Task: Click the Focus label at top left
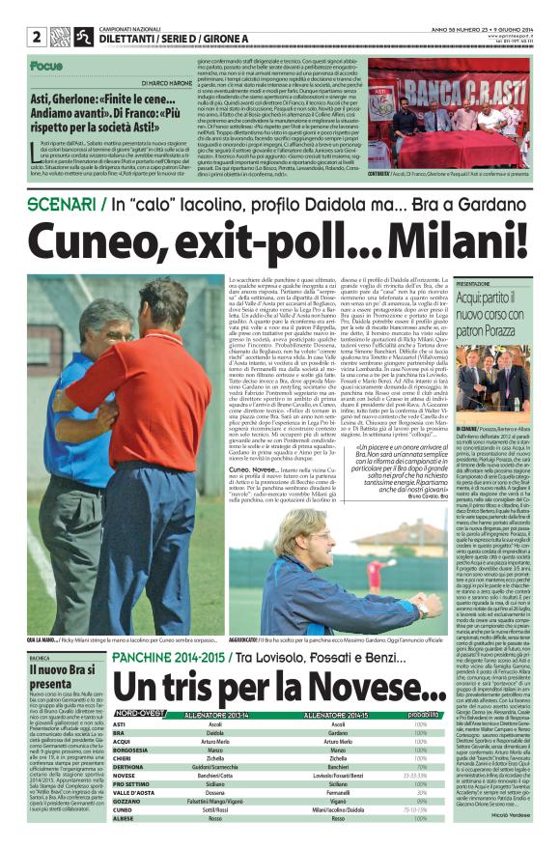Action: point(45,66)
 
